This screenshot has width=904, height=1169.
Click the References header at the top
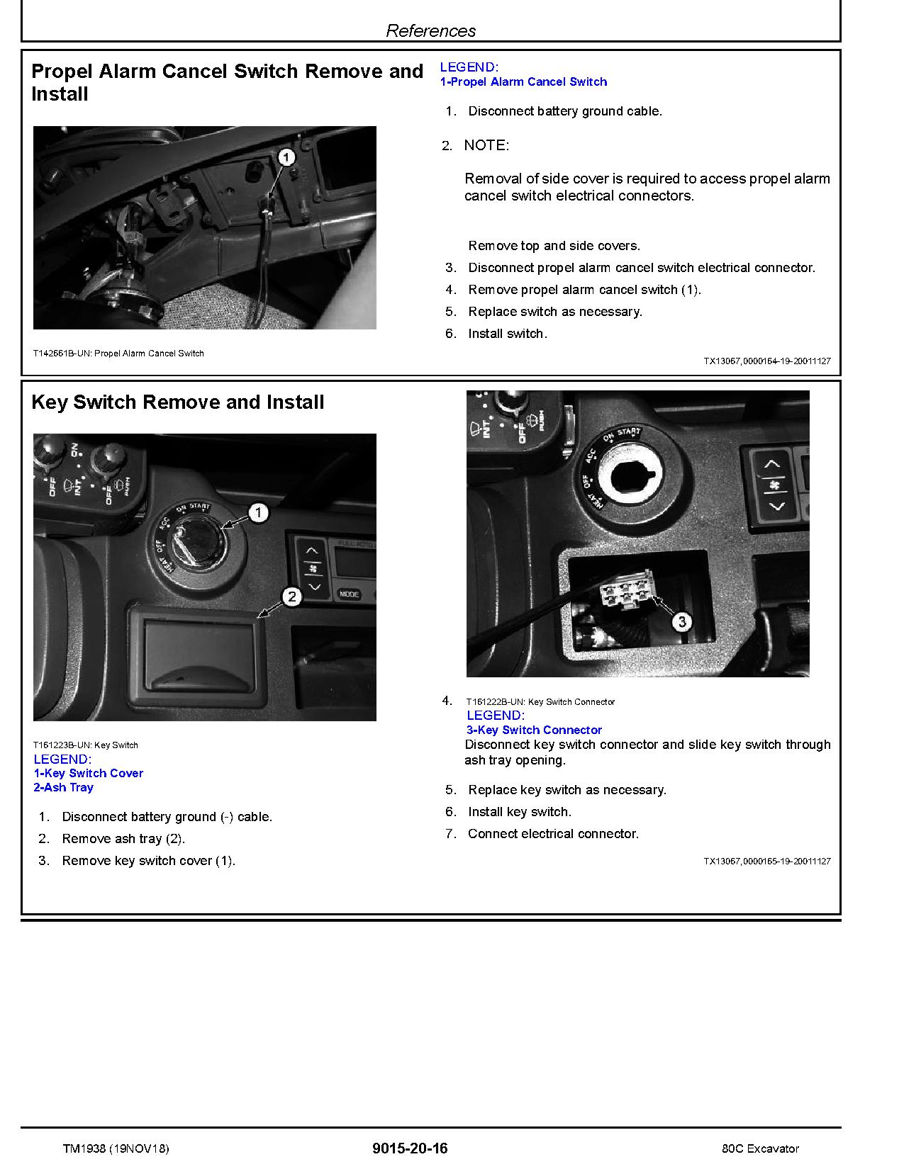pos(430,30)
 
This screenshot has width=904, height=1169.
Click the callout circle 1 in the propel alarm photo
pos(286,157)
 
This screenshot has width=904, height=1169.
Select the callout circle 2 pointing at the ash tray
pos(292,597)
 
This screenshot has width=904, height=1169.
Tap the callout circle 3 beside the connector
pos(681,622)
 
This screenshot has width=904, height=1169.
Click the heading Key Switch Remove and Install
pos(177,402)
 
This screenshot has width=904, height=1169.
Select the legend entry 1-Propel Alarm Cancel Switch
pos(523,82)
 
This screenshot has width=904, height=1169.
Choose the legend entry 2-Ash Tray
pos(63,788)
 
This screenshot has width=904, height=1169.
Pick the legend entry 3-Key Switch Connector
pos(534,730)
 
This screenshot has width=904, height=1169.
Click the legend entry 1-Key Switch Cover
pos(89,774)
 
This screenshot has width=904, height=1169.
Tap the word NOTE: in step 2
pos(486,145)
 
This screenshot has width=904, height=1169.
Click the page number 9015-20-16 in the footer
pos(410,1148)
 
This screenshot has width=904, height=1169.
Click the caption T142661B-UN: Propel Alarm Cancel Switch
pos(118,354)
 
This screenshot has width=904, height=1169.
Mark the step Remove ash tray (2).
pos(123,839)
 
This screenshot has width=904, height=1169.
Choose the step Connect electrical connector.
pos(553,834)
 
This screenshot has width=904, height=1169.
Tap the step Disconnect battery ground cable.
pos(565,111)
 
